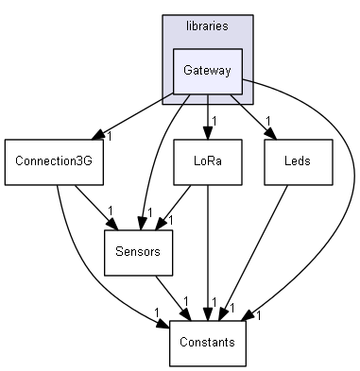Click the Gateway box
click(x=207, y=72)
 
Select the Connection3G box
click(x=53, y=161)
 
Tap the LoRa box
click(x=207, y=161)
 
